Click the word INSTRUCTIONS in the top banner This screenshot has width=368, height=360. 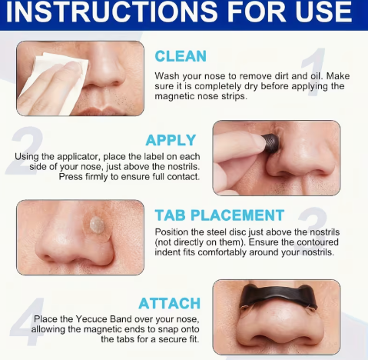point(111,12)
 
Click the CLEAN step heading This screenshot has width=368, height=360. point(181,56)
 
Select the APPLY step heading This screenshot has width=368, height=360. point(171,140)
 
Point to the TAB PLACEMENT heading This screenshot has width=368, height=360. point(220,215)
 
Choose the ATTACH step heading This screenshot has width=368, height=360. point(169,303)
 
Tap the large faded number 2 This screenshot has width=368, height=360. point(25,150)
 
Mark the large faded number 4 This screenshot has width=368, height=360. point(28,321)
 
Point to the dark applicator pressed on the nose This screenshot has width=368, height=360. point(271,143)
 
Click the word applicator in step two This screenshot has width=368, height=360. point(76,157)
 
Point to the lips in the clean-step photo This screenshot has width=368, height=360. point(102,112)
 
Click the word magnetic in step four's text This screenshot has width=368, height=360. point(104,329)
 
